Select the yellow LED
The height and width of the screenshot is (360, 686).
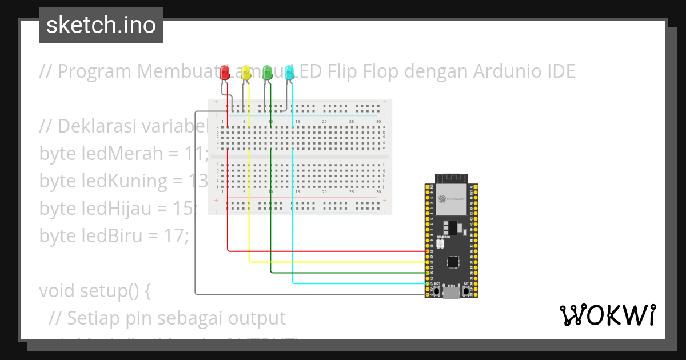(x=246, y=73)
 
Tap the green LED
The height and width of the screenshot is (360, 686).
(x=267, y=73)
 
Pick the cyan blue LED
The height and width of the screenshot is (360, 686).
(x=289, y=73)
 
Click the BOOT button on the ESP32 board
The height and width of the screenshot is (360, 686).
(x=437, y=291)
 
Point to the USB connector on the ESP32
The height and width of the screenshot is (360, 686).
(x=452, y=293)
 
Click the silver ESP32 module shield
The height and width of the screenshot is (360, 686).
(x=451, y=198)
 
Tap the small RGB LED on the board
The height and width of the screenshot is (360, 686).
(x=440, y=245)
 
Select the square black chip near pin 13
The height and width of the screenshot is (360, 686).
(x=453, y=262)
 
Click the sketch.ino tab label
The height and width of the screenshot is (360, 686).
(x=101, y=25)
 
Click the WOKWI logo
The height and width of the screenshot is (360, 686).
(x=607, y=315)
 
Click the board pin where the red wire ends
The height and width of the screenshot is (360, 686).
(x=428, y=251)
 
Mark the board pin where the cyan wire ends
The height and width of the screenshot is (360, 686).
(x=428, y=283)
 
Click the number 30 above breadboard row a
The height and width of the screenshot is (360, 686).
(x=378, y=122)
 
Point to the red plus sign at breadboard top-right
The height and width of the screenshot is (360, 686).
(x=385, y=103)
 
